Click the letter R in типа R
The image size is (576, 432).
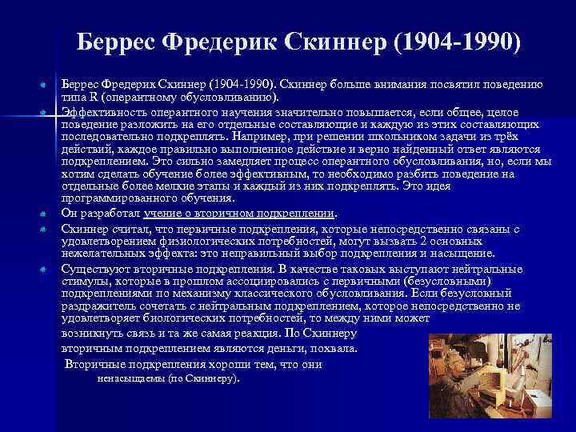[x=92, y=98]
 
